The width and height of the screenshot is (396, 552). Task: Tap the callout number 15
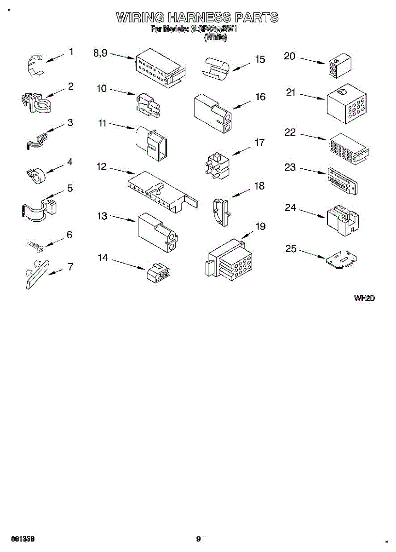[x=260, y=59]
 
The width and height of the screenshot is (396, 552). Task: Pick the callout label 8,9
[x=100, y=53]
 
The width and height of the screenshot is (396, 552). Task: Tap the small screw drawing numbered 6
[x=36, y=246]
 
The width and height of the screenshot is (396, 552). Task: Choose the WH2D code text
[x=364, y=298]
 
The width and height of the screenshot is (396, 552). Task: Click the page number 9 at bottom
[x=198, y=539]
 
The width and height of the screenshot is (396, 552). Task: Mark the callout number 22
[x=290, y=132]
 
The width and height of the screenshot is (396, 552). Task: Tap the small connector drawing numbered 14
[x=157, y=273]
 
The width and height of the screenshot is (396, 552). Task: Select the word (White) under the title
[x=215, y=38]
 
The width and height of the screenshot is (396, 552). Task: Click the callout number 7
[x=70, y=266]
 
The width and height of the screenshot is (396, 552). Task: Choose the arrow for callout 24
[x=313, y=212]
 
